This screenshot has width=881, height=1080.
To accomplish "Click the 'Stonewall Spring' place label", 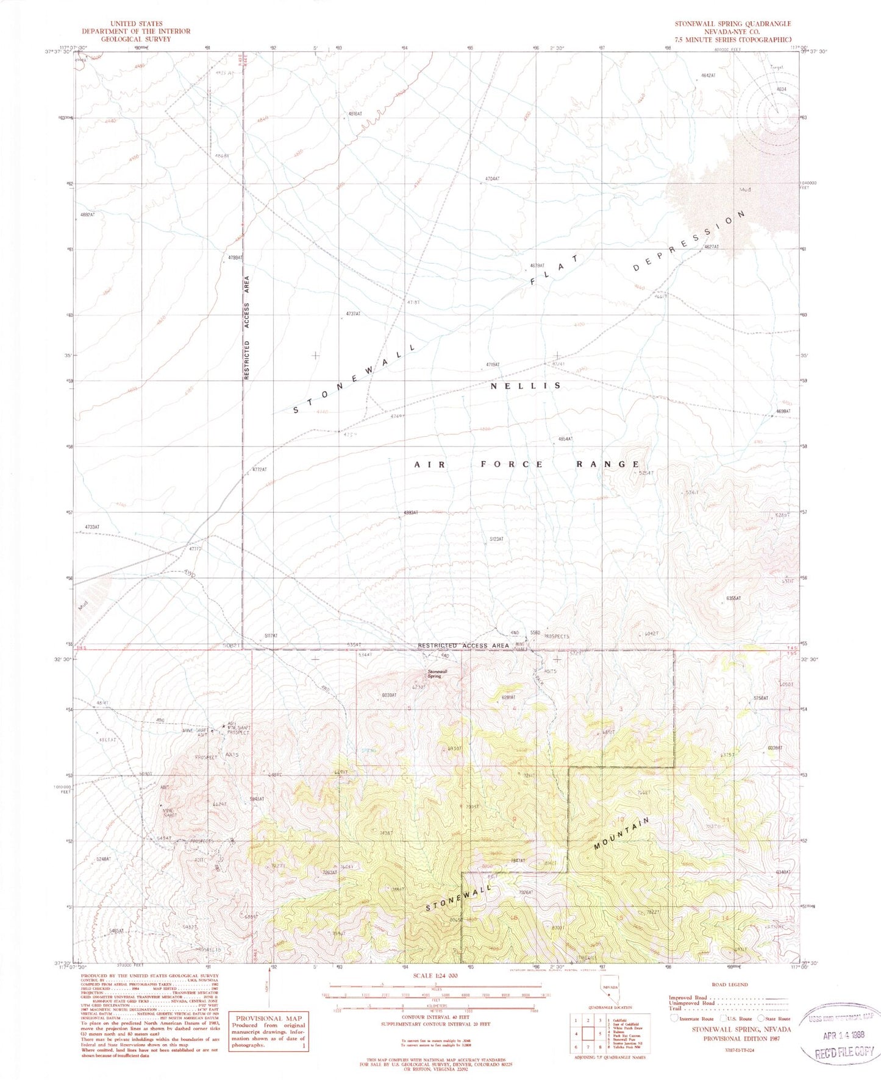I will [434, 674].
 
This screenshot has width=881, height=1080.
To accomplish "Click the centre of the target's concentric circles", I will [777, 111].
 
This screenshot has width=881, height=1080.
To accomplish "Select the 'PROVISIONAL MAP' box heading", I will [268, 1018].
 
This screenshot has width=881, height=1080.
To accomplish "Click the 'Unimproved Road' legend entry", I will [694, 1003].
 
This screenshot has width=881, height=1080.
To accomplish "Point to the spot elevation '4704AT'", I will [492, 178].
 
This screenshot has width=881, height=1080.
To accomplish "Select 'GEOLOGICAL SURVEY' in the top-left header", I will [137, 38].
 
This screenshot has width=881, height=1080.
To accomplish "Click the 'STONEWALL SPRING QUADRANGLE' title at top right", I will [732, 24].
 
